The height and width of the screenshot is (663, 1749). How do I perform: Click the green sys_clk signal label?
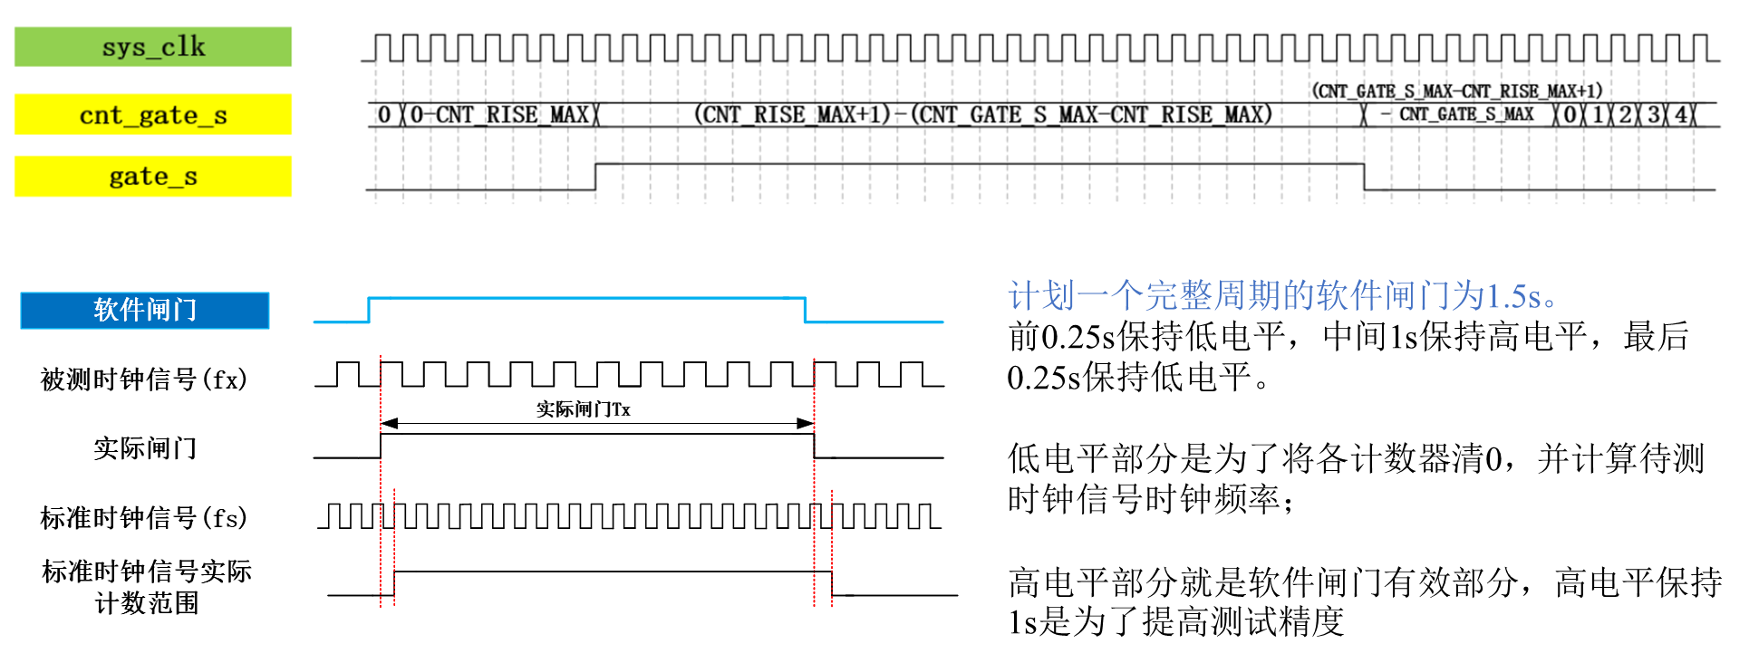pos(152,46)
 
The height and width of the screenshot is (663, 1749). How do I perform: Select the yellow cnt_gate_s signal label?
pos(152,115)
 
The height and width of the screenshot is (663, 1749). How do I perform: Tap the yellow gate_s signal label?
pos(152,177)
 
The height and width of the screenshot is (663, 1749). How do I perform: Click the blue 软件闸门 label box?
pos(145,310)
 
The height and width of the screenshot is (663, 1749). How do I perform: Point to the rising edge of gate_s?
pos(595,177)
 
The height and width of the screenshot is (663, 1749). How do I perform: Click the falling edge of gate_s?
pos(1364,177)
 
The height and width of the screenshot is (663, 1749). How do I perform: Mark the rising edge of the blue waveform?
pos(370,310)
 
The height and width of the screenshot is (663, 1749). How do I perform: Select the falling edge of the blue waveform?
pos(805,310)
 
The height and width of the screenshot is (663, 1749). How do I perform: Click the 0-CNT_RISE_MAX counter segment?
pos(499,115)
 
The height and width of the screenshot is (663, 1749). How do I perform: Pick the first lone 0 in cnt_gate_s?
pos(384,115)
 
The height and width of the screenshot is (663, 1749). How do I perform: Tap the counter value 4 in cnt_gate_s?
pos(1681,115)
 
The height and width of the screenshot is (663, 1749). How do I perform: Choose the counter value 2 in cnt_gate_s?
pos(1626,115)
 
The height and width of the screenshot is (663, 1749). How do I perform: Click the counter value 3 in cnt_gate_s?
pos(1654,115)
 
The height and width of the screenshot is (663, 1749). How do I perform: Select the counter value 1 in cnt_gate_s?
pos(1599,115)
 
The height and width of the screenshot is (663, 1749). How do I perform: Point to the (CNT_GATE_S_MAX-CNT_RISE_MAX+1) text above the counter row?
pos(1456,91)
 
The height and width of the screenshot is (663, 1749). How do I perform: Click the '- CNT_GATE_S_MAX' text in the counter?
pos(1458,114)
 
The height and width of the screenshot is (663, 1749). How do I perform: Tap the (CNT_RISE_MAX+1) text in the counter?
pos(792,115)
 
